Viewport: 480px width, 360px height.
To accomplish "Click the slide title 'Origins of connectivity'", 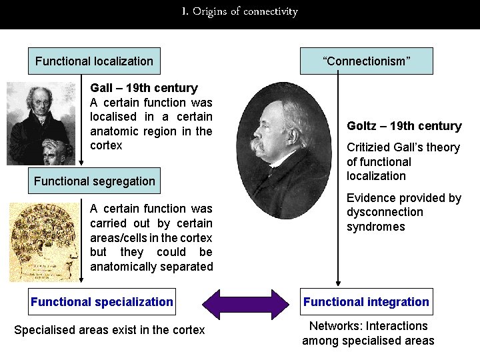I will point(239,11).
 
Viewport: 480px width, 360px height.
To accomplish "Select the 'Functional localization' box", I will point(94,61).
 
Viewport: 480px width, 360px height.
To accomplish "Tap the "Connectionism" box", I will point(366,61).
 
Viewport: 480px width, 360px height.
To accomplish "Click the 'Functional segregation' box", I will point(94,181).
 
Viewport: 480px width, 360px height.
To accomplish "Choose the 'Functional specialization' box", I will point(101,301).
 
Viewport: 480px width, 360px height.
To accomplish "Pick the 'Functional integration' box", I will point(366,301).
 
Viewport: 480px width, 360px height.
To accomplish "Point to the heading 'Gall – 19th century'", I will point(143,88).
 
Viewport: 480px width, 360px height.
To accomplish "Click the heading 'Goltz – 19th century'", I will point(404,126).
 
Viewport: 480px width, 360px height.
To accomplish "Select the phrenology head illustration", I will point(44,241).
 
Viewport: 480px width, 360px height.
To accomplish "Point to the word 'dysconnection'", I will point(384,212).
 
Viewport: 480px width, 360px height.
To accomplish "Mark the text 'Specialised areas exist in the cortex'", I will point(109,330).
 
